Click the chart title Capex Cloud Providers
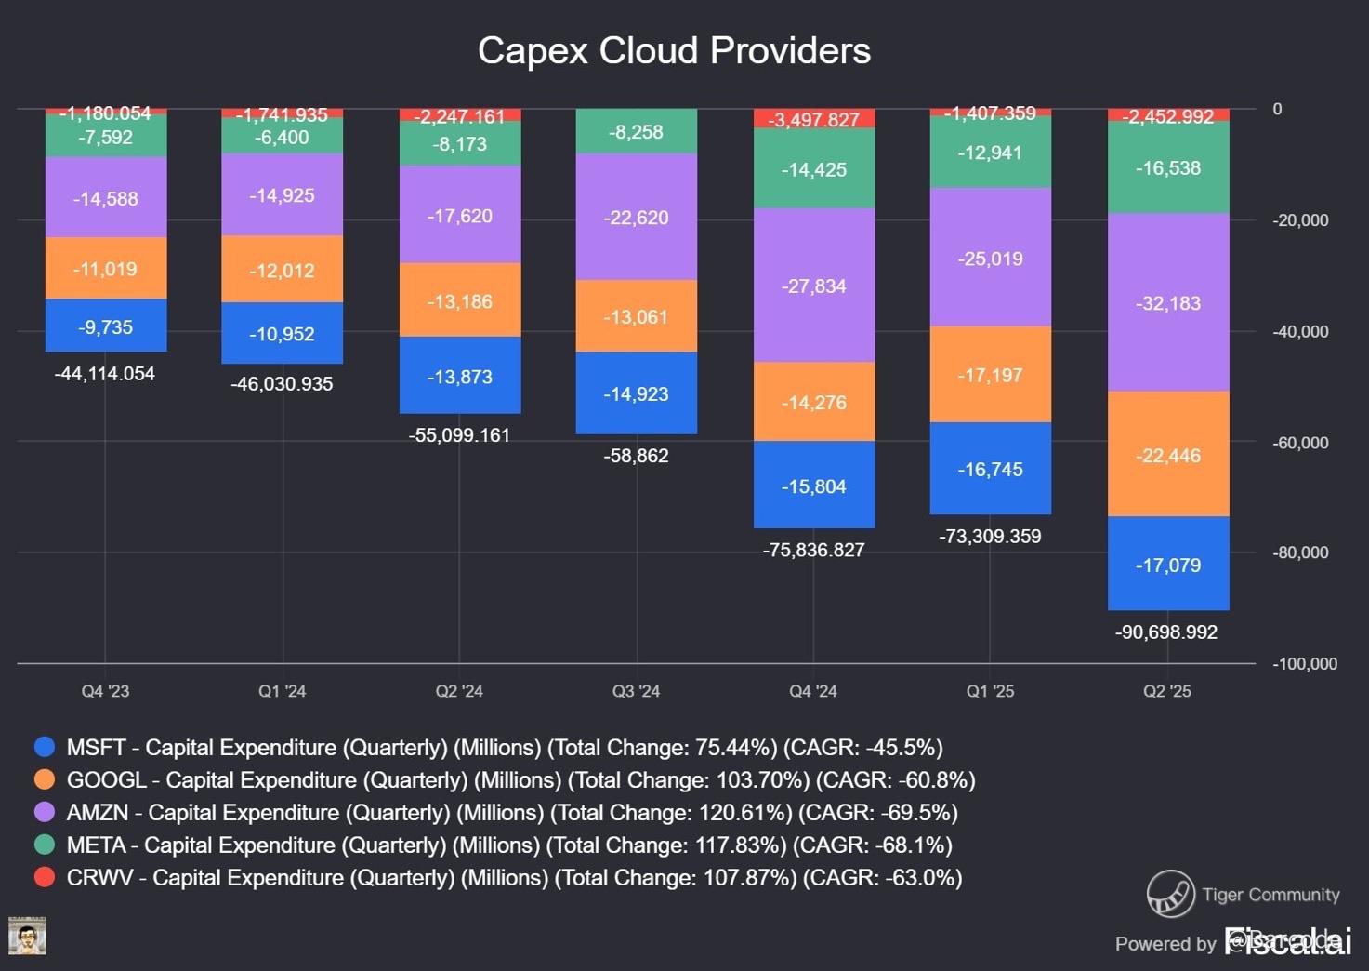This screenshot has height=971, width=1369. (674, 51)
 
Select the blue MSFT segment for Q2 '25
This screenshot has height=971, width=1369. (1168, 564)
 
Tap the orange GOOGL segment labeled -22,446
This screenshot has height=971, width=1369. (1168, 454)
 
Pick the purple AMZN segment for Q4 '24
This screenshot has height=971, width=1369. (814, 285)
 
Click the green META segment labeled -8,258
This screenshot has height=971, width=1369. (637, 131)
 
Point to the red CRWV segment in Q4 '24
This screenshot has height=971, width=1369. (814, 119)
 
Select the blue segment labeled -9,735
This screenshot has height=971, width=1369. (106, 326)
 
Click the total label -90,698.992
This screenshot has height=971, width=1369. (1166, 632)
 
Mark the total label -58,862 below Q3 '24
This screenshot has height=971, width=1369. (637, 456)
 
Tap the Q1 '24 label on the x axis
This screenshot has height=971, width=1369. (283, 691)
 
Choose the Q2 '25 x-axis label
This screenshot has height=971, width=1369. (1167, 691)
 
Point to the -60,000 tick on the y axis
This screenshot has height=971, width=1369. (1300, 443)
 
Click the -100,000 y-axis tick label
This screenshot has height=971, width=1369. (1305, 663)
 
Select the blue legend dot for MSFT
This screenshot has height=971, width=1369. (45, 747)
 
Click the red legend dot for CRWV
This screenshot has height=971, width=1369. (45, 877)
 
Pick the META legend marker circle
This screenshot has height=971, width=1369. (45, 845)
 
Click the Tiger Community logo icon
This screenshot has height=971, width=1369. (1170, 894)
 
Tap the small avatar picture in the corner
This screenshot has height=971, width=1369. (27, 936)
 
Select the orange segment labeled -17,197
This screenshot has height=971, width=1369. (991, 374)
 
